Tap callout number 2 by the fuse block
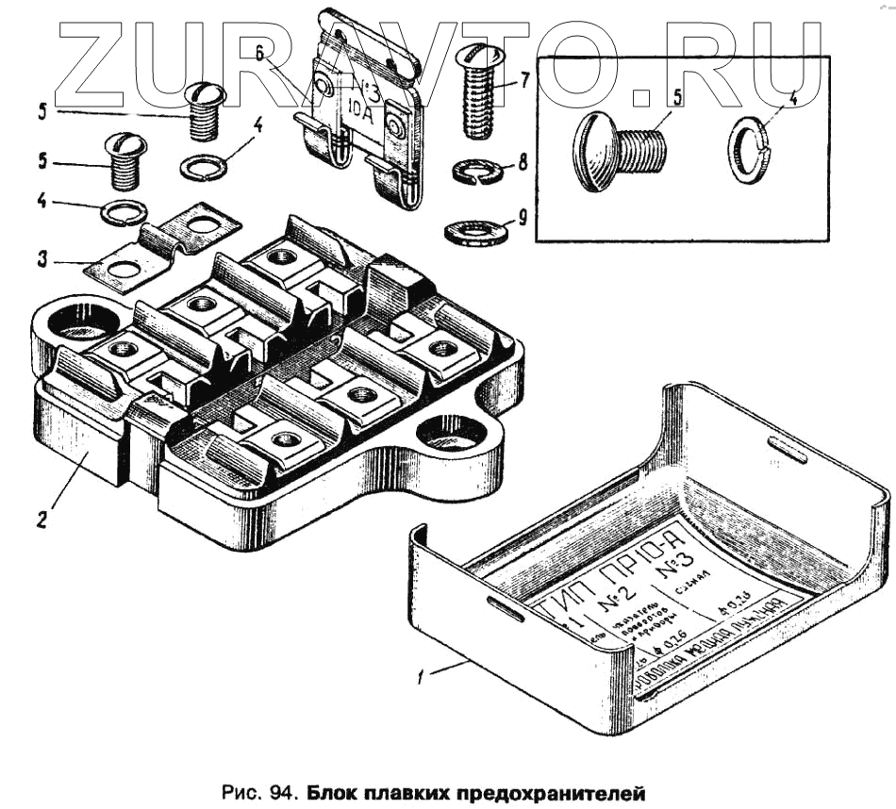(x=41, y=519)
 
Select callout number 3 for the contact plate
(x=41, y=257)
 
